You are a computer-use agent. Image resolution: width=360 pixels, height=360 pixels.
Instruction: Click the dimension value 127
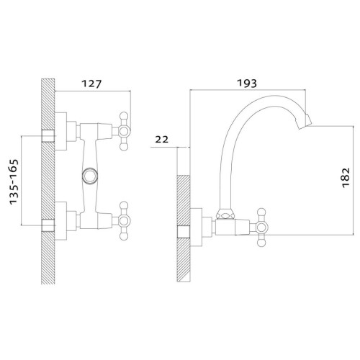(x=92, y=84)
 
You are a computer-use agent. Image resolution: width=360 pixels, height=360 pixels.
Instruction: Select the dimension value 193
(x=247, y=83)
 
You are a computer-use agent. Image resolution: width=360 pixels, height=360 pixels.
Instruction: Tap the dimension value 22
(x=162, y=139)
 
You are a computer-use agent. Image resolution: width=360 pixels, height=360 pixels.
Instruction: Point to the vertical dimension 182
(x=346, y=178)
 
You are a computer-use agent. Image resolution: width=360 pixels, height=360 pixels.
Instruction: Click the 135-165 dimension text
(x=14, y=182)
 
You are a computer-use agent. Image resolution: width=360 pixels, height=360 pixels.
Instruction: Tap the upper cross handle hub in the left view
(x=124, y=131)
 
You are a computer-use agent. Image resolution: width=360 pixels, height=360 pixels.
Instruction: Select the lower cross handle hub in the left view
(x=124, y=221)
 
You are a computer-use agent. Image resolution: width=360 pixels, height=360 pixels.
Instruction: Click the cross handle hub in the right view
(x=261, y=227)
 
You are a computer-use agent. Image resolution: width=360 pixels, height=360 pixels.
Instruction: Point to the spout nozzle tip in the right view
(x=305, y=122)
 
